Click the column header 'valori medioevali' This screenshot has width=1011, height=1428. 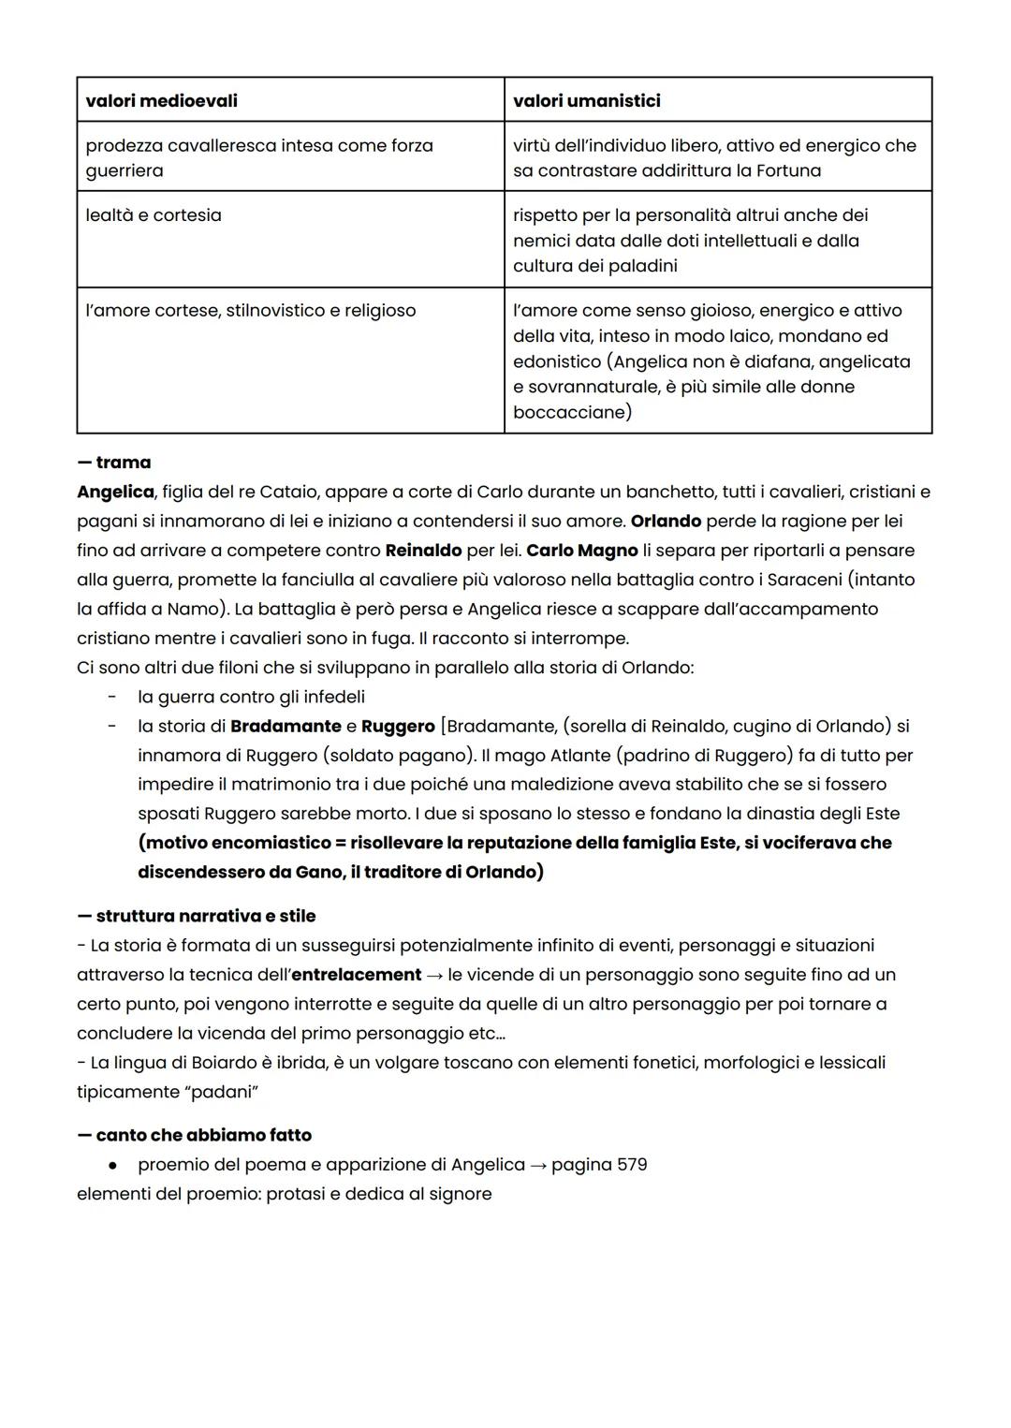[161, 100]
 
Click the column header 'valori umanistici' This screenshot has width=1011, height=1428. [586, 100]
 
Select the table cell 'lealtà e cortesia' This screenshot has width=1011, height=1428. [154, 215]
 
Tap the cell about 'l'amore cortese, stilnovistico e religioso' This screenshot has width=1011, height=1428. [250, 311]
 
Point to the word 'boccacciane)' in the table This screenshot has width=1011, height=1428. [572, 412]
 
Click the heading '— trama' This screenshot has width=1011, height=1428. [113, 463]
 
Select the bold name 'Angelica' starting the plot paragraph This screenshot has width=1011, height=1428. [115, 492]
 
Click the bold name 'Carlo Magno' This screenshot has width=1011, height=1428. [581, 551]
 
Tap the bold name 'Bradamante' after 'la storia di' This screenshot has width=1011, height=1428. [286, 726]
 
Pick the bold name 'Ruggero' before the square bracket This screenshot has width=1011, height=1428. [398, 726]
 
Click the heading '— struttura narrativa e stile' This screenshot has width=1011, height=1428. [196, 916]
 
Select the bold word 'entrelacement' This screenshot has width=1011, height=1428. [356, 975]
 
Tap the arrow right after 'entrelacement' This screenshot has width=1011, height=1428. [434, 975]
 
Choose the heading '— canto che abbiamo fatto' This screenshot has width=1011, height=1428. [194, 1135]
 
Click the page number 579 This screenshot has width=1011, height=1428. [631, 1165]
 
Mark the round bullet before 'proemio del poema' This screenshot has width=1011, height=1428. [112, 1165]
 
